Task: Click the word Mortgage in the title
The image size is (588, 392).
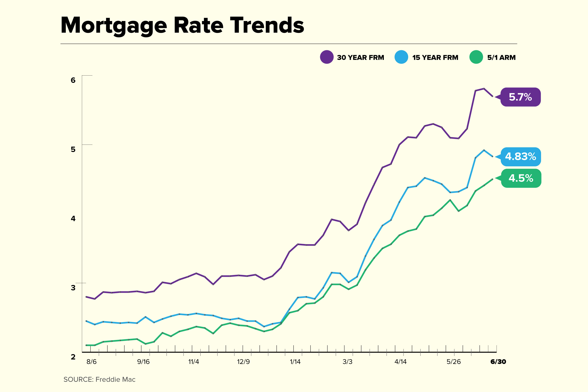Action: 114,26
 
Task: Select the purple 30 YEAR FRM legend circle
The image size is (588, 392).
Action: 327,57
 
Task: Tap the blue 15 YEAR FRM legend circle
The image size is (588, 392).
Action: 401,57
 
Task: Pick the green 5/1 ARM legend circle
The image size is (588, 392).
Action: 476,57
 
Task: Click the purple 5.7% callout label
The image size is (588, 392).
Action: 520,97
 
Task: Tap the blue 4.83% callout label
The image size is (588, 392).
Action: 520,157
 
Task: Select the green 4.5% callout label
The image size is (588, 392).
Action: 521,178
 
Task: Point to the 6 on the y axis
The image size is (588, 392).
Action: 73,80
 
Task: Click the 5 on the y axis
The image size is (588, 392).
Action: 73,149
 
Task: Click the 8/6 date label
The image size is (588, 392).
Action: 91,362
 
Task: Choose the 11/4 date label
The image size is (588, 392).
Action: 194,362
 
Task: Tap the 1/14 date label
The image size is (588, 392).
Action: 295,362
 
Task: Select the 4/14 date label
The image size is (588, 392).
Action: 401,362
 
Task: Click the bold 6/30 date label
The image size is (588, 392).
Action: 498,362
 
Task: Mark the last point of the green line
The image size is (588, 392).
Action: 492,179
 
